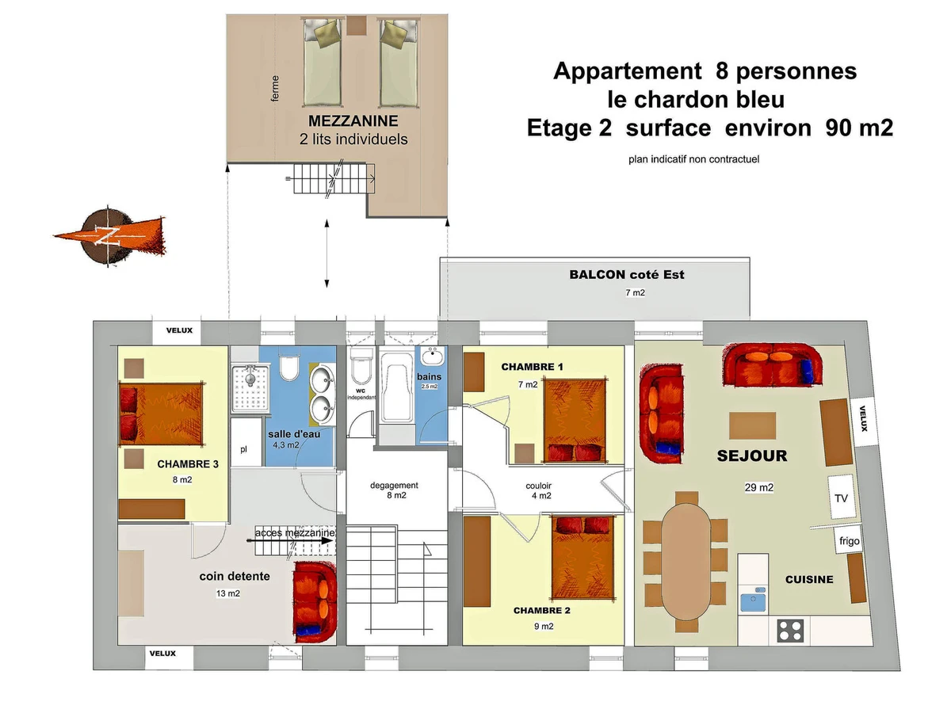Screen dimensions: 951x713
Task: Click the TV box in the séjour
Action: click(x=841, y=497)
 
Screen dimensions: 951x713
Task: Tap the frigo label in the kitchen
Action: click(x=849, y=541)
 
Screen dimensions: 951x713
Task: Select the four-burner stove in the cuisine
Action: click(x=790, y=631)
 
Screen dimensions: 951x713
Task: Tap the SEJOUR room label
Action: click(x=752, y=456)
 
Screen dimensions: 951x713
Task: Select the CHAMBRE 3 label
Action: click(x=188, y=464)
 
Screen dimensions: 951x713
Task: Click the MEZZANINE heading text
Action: click(x=353, y=120)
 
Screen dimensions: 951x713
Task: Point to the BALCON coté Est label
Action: click(x=627, y=274)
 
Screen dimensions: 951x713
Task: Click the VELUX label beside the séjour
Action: click(x=864, y=418)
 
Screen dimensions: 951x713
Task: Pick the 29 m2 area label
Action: click(x=758, y=487)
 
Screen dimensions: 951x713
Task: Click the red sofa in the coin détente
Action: click(x=315, y=602)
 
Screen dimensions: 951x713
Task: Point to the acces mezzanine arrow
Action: click(x=289, y=541)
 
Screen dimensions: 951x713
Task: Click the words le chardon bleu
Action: click(x=696, y=100)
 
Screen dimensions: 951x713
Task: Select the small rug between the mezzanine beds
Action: click(x=357, y=25)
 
